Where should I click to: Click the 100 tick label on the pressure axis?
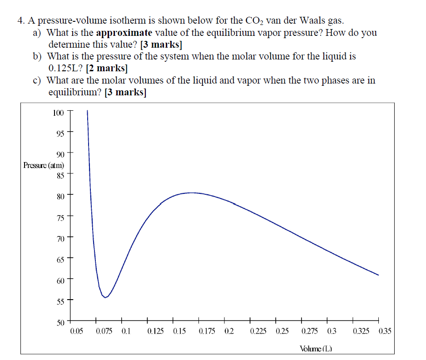pyautogui.click(x=58, y=113)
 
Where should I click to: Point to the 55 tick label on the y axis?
pyautogui.click(x=60, y=301)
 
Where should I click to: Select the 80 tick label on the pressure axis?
pyautogui.click(x=60, y=197)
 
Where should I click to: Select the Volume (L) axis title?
pyautogui.click(x=316, y=349)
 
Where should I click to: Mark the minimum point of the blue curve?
pyautogui.click(x=105, y=298)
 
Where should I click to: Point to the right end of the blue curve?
pyautogui.click(x=378, y=275)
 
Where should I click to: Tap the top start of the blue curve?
pyautogui.click(x=87, y=110)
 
